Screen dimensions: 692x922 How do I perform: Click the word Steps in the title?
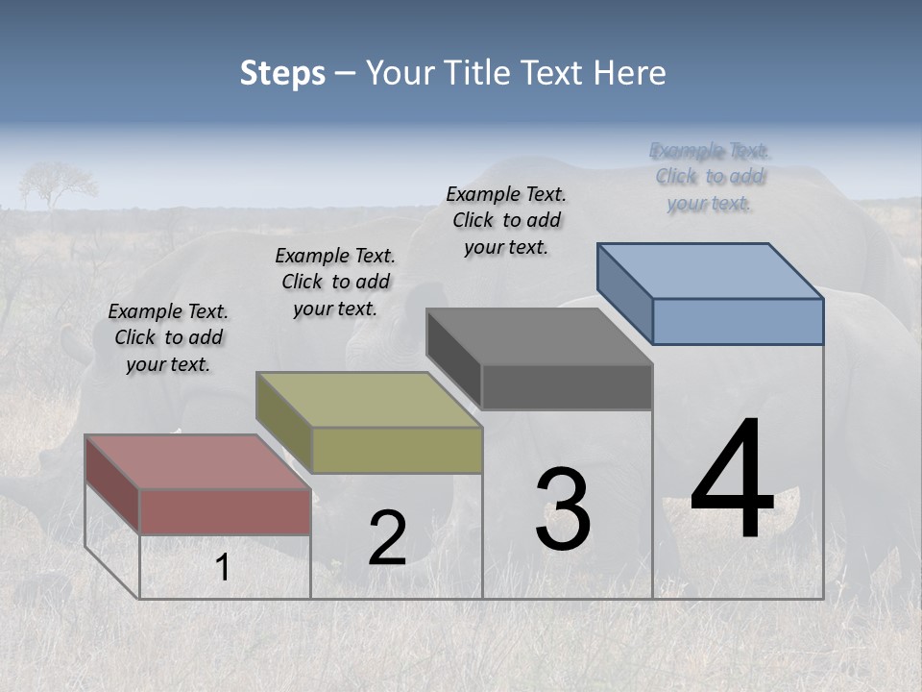pyautogui.click(x=282, y=73)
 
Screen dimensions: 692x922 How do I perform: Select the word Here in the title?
pyautogui.click(x=630, y=73)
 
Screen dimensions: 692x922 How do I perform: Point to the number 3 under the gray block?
pyautogui.click(x=563, y=509)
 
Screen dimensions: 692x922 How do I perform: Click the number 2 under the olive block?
pyautogui.click(x=387, y=538)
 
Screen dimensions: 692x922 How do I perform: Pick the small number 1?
pyautogui.click(x=223, y=568)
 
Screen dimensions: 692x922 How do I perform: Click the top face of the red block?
pyautogui.click(x=197, y=461)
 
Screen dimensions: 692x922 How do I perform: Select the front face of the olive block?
pyautogui.click(x=397, y=450)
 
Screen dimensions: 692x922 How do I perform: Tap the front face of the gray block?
pyautogui.click(x=567, y=386)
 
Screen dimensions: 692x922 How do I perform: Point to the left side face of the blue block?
pyautogui.click(x=625, y=292)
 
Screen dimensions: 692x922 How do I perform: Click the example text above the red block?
pyautogui.click(x=168, y=337)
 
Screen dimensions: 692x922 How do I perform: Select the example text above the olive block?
pyautogui.click(x=335, y=282)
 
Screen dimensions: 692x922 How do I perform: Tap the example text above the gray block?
pyautogui.click(x=506, y=220)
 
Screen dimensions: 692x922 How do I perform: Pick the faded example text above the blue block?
pyautogui.click(x=710, y=177)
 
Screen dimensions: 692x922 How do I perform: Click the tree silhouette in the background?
pyautogui.click(x=57, y=183)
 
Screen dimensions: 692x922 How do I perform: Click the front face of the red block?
pyautogui.click(x=226, y=511)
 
